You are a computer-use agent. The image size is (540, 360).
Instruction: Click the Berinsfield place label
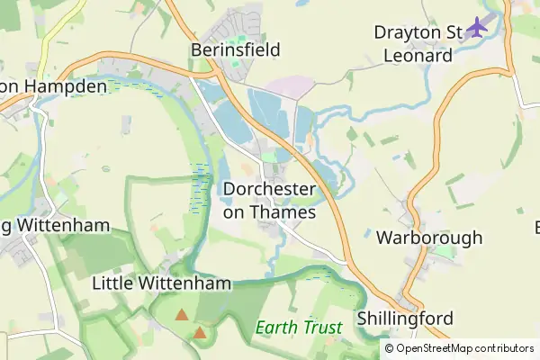pos(236,49)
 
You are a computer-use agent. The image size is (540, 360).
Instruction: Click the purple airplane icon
pos(477,29)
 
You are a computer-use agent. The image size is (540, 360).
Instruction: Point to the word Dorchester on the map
pos(269,190)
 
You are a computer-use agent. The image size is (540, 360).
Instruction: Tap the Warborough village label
pos(429,238)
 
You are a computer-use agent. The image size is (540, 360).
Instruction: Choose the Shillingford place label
pos(404,319)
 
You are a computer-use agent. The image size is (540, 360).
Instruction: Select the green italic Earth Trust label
pos(298,328)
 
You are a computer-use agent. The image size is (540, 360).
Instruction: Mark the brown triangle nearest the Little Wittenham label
pos(182,315)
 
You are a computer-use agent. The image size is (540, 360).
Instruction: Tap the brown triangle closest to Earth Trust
pos(200,333)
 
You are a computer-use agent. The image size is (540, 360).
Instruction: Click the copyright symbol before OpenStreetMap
pos(389,348)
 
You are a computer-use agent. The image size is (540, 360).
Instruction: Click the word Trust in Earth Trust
pos(320,328)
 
